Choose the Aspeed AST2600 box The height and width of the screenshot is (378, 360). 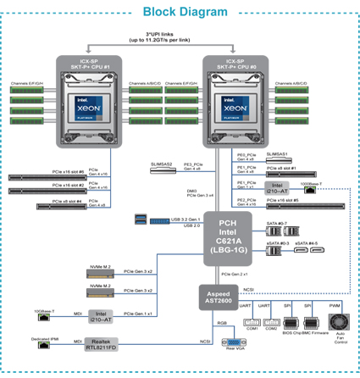pyautogui.click(x=213, y=297)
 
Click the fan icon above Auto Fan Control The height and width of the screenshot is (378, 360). pyautogui.click(x=337, y=325)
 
